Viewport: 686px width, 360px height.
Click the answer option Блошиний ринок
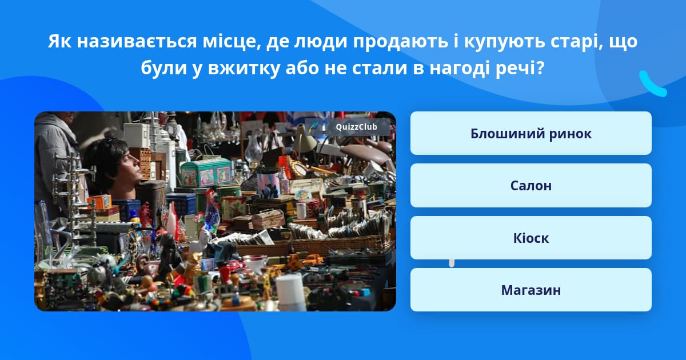[x=531, y=133]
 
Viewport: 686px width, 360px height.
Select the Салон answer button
[x=531, y=186]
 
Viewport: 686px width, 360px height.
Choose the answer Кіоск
[x=531, y=238]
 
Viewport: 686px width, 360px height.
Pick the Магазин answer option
[x=531, y=290]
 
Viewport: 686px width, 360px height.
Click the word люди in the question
[x=321, y=42]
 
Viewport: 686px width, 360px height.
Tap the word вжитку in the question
[x=244, y=68]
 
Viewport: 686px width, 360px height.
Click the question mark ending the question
[x=540, y=67]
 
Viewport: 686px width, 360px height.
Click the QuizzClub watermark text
[x=356, y=127]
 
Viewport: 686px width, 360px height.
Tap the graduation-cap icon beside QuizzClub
[x=313, y=127]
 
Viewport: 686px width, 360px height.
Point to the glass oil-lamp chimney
[x=254, y=149]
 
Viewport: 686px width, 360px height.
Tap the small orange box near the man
[x=99, y=203]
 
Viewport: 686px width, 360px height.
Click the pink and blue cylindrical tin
[x=268, y=183]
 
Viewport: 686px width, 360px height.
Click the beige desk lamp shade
[x=305, y=139]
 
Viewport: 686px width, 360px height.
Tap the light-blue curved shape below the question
[x=652, y=84]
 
